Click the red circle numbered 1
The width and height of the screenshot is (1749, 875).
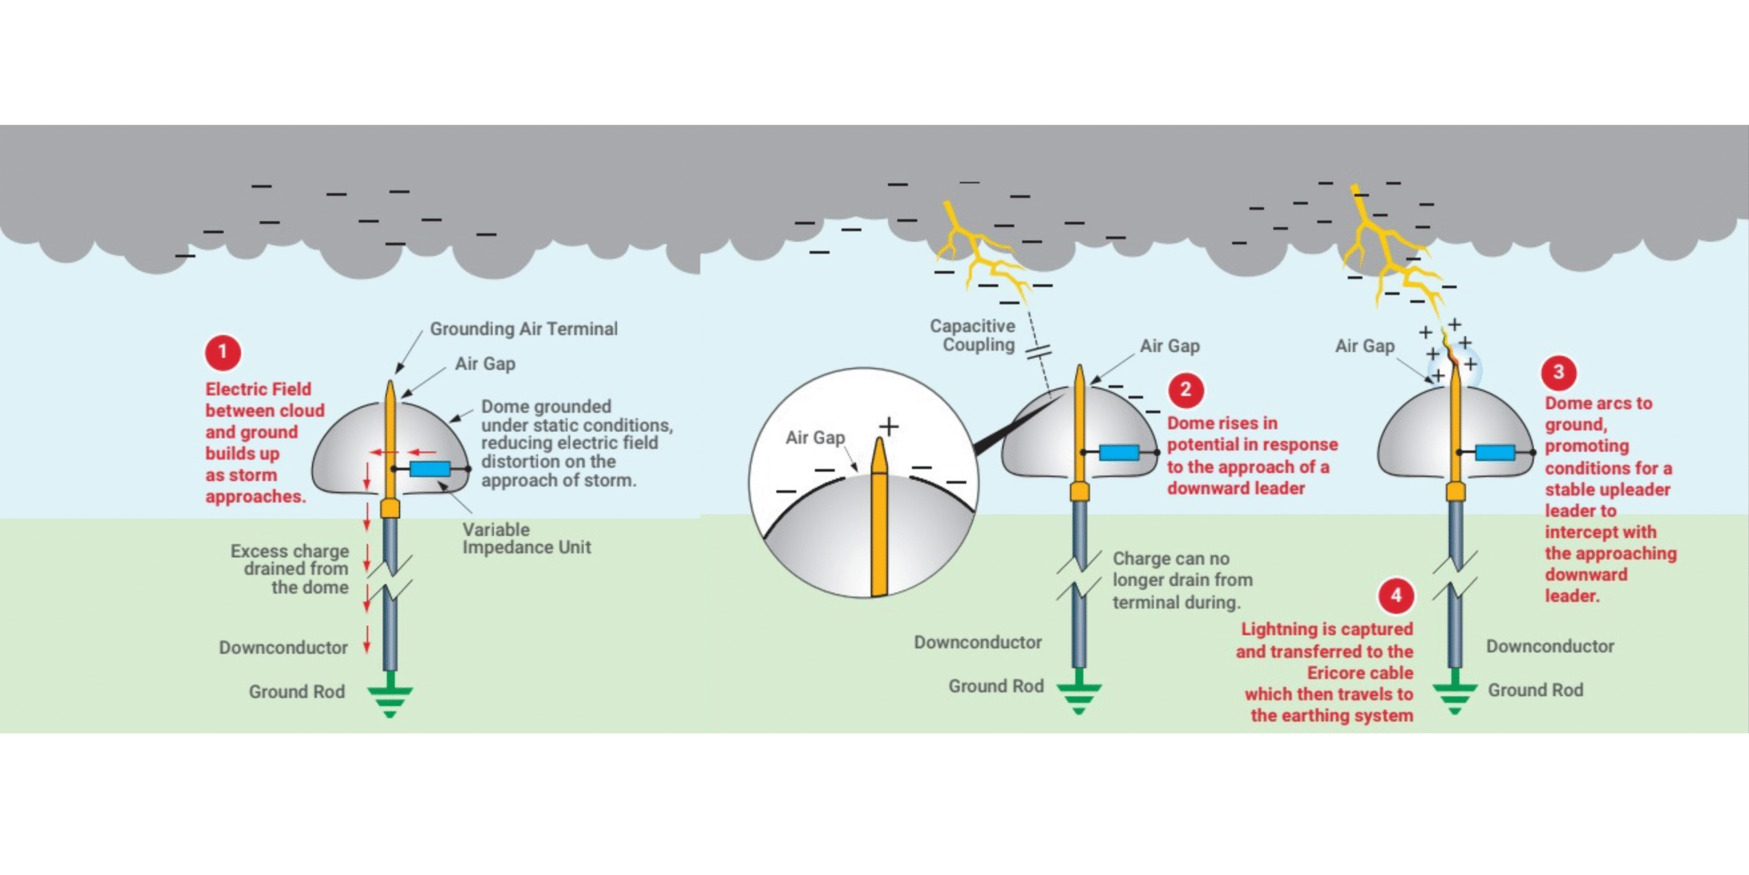coord(222,353)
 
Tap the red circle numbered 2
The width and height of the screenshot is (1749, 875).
coord(1186,390)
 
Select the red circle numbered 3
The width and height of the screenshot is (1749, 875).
coord(1558,372)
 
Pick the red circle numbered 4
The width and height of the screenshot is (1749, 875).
coord(1396,595)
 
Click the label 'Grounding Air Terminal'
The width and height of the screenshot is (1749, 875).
coord(523,329)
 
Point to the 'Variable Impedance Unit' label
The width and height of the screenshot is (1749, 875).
coord(526,539)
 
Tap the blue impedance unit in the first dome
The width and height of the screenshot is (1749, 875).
coord(430,469)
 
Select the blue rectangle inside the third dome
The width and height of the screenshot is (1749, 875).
coord(1495,452)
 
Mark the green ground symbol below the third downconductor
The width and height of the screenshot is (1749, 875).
coord(1455,694)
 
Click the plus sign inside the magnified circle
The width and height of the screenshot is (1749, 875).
coord(889,427)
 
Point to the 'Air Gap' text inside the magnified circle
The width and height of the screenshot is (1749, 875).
coord(815,437)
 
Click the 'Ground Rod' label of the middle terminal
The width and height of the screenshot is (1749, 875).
coord(995,686)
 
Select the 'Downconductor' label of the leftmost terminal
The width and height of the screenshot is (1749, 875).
coord(284,647)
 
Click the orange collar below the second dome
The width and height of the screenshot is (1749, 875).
coord(1079,491)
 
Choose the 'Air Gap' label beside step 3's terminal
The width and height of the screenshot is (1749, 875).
coord(1364,347)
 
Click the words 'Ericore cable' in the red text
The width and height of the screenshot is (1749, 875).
coord(1360,673)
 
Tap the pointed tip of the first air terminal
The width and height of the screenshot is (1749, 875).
coord(390,384)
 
